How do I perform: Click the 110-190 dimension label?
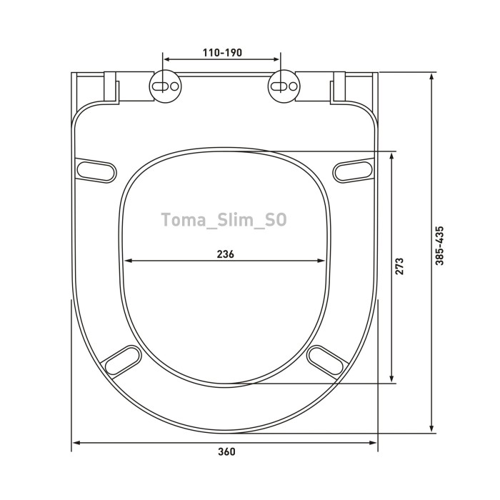coord(222,52)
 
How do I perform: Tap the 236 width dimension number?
coord(225,254)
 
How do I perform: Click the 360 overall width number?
coord(226,451)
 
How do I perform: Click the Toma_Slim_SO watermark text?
coord(224,220)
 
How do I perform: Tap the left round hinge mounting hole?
coord(166,86)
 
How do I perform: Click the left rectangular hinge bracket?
coord(111,87)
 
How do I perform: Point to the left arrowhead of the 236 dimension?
coord(129,261)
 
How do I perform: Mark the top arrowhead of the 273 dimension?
coord(391,154)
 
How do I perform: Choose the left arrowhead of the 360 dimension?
coord(76,443)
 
